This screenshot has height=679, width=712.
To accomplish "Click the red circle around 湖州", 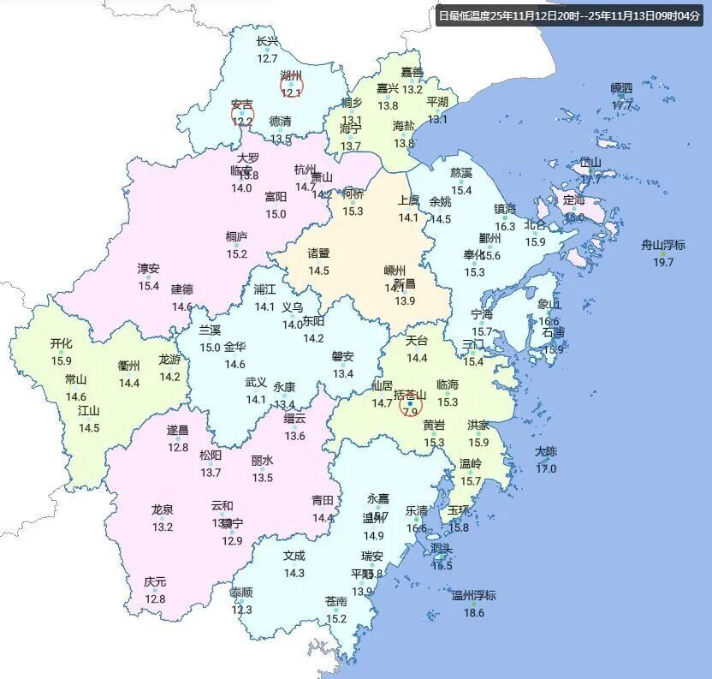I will tap(292, 85).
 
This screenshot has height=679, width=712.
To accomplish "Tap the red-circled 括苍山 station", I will tap(411, 402).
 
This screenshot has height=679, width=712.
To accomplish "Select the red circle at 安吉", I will tap(242, 114).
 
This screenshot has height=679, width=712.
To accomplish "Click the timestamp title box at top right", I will tap(568, 15).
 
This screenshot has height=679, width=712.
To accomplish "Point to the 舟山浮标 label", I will tap(663, 245).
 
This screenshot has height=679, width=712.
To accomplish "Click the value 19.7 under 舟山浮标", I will tap(663, 262).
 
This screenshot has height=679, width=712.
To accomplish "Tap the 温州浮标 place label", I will tap(473, 596).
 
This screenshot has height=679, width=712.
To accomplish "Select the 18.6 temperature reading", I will tap(473, 613).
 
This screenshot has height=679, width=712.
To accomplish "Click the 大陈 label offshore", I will tap(546, 451).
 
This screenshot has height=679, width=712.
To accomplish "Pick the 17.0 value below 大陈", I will tap(546, 468).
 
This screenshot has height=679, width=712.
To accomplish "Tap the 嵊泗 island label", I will tap(621, 88).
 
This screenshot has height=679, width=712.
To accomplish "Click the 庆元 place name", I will tap(155, 582).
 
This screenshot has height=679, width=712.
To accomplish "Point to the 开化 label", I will tap(61, 343).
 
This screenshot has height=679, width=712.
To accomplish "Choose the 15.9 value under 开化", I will tap(61, 360).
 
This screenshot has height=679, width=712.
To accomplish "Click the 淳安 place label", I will tap(149, 268).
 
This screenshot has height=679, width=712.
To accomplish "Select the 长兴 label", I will tap(267, 41).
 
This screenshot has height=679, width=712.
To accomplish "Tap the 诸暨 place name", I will tap(318, 253).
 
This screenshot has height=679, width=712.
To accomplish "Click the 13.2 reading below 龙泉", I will tap(163, 527).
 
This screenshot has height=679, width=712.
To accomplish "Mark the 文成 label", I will tap(294, 556).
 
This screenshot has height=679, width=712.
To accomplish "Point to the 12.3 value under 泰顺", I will tap(241, 610).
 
